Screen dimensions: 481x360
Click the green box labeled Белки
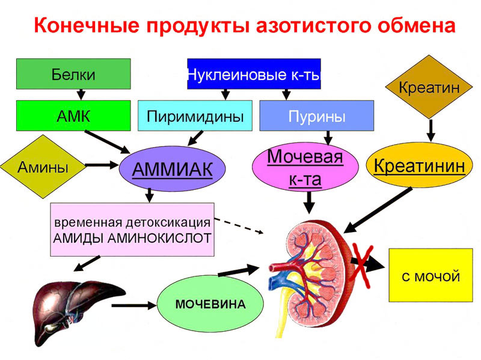tap(73, 74)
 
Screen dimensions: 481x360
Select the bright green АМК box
tap(73, 115)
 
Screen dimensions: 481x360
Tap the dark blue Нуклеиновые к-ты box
tap(254, 74)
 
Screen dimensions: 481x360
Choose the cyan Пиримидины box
tap(195, 115)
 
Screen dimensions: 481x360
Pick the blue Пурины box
tap(317, 115)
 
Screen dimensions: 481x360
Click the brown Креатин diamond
tap(429, 87)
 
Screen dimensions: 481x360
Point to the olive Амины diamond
tap(43, 167)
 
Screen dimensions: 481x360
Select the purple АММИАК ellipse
tap(173, 169)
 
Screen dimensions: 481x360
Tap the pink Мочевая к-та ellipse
tap(305, 167)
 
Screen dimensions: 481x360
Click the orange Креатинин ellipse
tap(420, 165)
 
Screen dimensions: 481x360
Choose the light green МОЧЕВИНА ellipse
tap(210, 304)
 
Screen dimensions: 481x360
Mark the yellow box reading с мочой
tap(430, 275)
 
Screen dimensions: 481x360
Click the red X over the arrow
tap(363, 265)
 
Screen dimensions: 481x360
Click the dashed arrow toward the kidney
tap(239, 226)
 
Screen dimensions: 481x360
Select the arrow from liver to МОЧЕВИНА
tap(134, 305)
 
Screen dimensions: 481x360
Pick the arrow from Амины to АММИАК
tap(102, 165)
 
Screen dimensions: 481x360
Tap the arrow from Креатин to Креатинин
tap(431, 130)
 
